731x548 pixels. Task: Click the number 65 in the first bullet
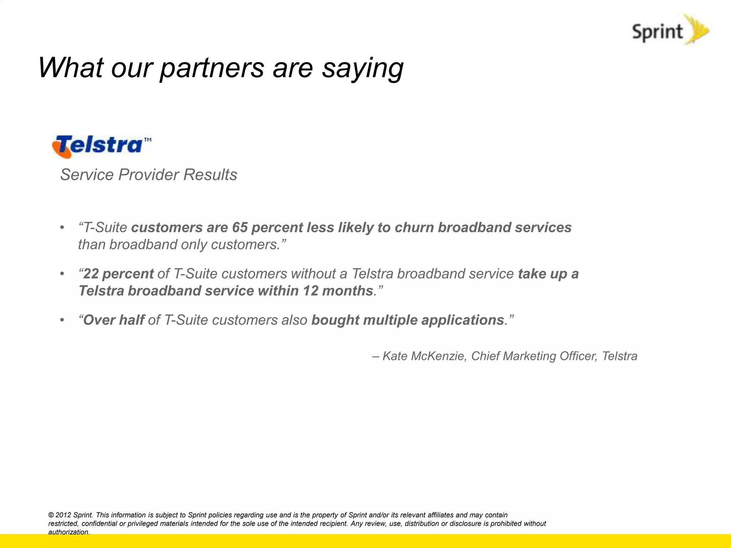click(x=240, y=228)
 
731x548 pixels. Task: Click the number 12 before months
click(x=311, y=291)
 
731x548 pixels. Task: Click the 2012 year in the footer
click(x=63, y=515)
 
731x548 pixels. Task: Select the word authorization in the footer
click(x=68, y=532)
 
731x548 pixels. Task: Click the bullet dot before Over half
click(x=62, y=320)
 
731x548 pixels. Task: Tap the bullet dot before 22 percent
click(x=62, y=274)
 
